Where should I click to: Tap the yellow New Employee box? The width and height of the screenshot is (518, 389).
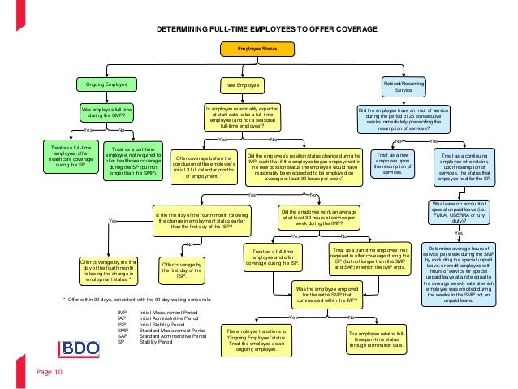(242, 84)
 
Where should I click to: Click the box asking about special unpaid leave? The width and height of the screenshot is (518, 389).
(458, 214)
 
